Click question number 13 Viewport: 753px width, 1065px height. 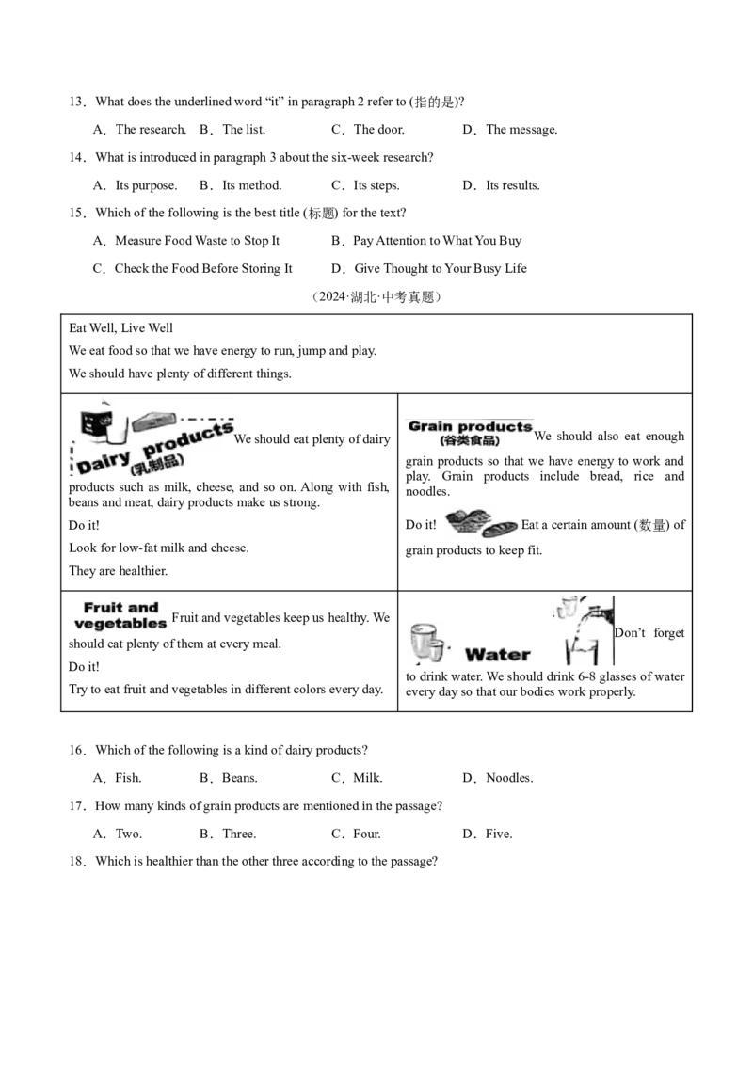tap(77, 102)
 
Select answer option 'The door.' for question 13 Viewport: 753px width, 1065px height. tap(378, 130)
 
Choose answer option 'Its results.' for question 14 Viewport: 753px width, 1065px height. tap(512, 185)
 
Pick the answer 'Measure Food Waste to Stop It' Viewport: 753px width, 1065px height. tap(197, 241)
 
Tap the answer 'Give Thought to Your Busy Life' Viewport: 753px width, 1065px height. tap(441, 268)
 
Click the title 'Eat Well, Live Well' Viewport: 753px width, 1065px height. tap(121, 328)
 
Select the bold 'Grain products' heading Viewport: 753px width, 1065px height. tap(471, 426)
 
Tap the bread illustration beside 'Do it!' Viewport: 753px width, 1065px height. tap(483, 524)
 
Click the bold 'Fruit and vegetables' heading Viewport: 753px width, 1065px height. tap(120, 615)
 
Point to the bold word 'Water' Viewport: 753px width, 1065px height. tap(498, 655)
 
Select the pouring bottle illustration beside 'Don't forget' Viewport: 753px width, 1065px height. tap(585, 630)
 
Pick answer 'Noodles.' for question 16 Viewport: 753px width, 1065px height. tap(510, 778)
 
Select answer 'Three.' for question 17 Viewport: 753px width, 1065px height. tap(239, 835)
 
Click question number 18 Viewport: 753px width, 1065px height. tap(77, 862)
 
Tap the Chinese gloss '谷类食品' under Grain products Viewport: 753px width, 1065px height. tap(470, 441)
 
